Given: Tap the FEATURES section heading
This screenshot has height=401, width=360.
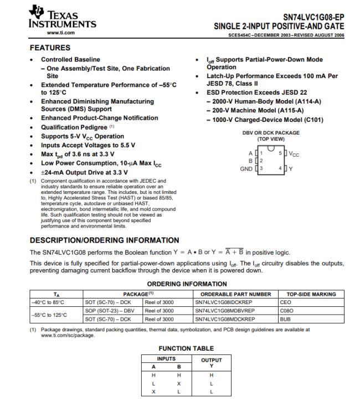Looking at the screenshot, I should click(50, 48).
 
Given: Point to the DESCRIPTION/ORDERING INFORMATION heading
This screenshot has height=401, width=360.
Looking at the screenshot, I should click(104, 240).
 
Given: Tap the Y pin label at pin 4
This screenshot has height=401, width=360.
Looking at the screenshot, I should click(290, 168).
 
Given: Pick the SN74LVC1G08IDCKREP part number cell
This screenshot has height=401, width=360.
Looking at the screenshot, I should click(224, 302).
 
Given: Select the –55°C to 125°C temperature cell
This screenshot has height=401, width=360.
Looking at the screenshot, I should click(48, 315).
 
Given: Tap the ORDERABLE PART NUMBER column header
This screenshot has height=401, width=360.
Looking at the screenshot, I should click(235, 294).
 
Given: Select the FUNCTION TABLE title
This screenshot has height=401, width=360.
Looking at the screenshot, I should click(186, 348).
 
